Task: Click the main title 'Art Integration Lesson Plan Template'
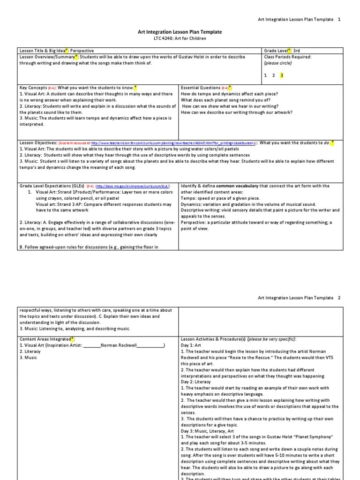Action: [x=180, y=32]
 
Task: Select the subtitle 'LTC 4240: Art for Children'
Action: [x=180, y=38]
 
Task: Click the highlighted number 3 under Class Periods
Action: [x=282, y=75]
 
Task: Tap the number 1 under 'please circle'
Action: [x=265, y=75]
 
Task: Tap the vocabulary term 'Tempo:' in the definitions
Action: [x=188, y=198]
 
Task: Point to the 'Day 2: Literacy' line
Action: [x=195, y=382]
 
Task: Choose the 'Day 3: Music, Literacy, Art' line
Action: [x=208, y=431]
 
